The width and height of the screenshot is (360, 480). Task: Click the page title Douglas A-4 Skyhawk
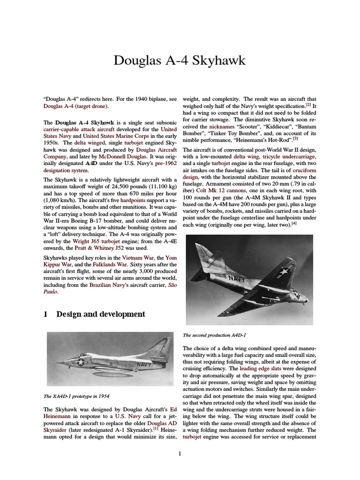point(180,60)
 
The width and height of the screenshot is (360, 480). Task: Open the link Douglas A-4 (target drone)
point(76,106)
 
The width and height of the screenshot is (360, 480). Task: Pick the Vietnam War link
point(138,258)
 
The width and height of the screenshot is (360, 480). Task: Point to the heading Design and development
point(100,314)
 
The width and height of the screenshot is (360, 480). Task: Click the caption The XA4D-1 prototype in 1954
point(76,396)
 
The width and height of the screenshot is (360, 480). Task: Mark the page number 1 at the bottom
point(180,453)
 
